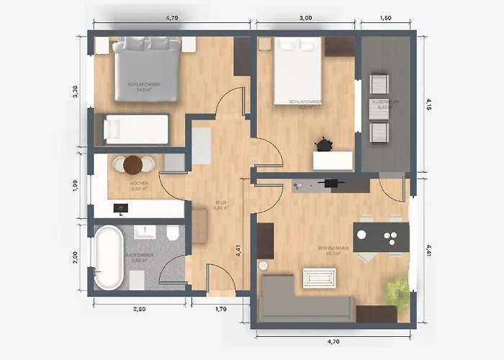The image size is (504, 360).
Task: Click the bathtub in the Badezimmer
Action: pos(109,258)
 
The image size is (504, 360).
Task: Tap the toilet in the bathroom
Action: pos(172,235)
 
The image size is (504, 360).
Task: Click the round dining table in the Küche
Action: pos(133,166)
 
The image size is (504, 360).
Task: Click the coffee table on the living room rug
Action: pos(320,277)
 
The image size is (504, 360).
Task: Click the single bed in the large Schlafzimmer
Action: pos(136,129)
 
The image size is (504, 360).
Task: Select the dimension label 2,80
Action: pos(139,309)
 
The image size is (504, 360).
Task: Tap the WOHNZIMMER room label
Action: pos(334,248)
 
